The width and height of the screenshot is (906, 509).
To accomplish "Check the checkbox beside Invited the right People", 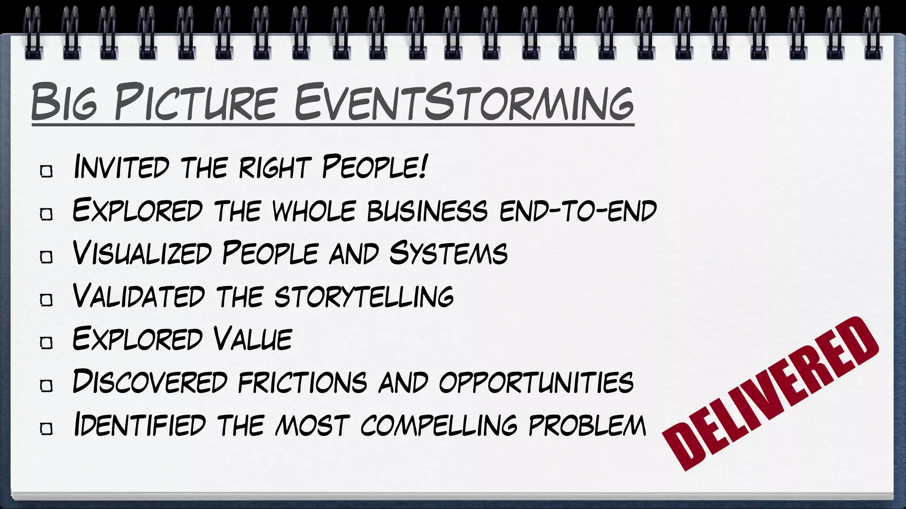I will [x=46, y=171].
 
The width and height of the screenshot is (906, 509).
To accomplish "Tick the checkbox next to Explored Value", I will [x=46, y=342].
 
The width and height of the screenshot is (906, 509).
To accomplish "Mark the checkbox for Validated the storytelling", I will [x=46, y=300].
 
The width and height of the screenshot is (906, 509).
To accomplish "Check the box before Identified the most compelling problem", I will [x=46, y=428].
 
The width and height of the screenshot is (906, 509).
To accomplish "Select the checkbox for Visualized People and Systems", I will [x=46, y=257].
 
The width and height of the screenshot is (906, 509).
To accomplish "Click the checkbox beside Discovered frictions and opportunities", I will [x=46, y=385].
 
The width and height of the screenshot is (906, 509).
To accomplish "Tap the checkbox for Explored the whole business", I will [x=46, y=214].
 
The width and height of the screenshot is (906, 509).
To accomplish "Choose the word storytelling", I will [x=364, y=296].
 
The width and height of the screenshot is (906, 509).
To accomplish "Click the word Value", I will [x=253, y=339].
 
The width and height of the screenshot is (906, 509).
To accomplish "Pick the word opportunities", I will [x=536, y=382].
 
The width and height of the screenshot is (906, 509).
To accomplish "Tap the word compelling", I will [x=438, y=425].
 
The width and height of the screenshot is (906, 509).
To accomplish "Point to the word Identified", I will [x=140, y=425].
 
